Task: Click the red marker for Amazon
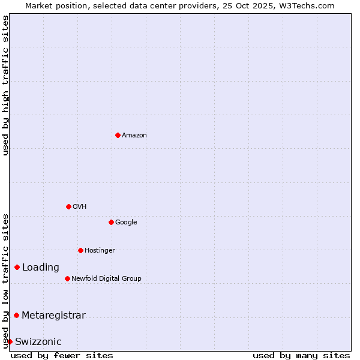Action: (118, 135)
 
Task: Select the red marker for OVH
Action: (68, 206)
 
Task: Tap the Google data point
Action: (111, 222)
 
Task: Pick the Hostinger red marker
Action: (80, 250)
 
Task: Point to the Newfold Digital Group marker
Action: (67, 278)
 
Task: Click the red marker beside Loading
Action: (17, 267)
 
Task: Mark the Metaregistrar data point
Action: (16, 315)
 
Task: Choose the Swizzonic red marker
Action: (10, 341)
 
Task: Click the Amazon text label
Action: (134, 136)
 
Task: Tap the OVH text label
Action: (80, 207)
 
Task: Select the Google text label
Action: (126, 223)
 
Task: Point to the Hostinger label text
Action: (100, 251)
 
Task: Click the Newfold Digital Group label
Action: (106, 279)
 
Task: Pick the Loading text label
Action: (41, 268)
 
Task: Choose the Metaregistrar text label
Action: (53, 316)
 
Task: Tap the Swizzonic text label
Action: (38, 342)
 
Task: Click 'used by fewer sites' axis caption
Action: (62, 355)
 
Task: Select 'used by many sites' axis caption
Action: (301, 355)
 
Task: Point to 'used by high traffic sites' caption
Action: (5, 85)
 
